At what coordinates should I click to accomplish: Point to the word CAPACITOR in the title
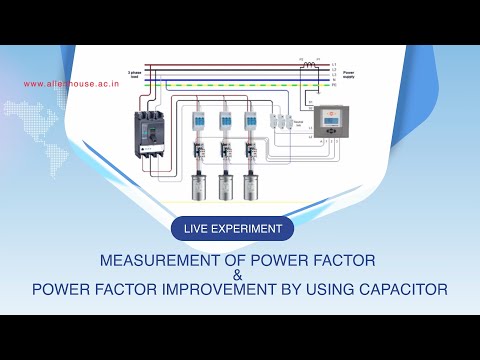pos(398,290)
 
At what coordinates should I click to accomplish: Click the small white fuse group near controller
pos(283,121)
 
